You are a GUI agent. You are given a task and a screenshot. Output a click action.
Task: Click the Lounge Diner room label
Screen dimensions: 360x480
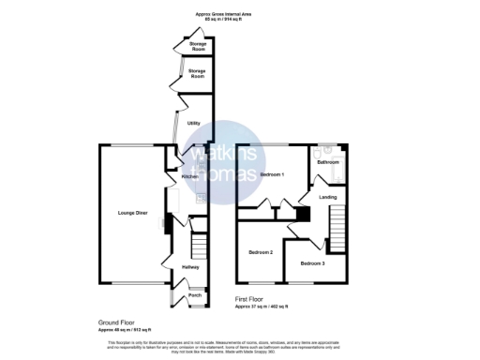click(x=132, y=214)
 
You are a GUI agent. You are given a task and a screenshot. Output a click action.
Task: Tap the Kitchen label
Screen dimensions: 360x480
click(x=188, y=176)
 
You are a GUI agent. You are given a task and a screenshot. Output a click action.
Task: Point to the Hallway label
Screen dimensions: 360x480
click(x=190, y=267)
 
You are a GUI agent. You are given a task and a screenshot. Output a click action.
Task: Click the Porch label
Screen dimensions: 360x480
click(x=195, y=295)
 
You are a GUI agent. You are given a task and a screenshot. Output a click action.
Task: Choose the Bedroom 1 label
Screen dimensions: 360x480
click(x=272, y=175)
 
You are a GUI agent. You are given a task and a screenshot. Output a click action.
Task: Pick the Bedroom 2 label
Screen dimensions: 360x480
click(x=261, y=253)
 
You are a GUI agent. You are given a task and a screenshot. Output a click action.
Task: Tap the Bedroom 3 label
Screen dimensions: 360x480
click(x=312, y=264)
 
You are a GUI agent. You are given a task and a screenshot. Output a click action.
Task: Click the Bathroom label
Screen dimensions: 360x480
click(x=327, y=162)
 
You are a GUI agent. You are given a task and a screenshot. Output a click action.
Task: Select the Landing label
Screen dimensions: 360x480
click(x=327, y=197)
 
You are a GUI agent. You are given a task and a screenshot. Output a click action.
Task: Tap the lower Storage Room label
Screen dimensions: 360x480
click(x=197, y=72)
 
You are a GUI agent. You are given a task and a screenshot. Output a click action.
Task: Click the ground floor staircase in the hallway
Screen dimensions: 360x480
click(x=198, y=246)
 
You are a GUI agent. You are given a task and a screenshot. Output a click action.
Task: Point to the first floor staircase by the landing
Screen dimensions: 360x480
click(x=337, y=230)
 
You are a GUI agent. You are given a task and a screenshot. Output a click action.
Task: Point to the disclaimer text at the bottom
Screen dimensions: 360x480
click(x=239, y=347)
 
